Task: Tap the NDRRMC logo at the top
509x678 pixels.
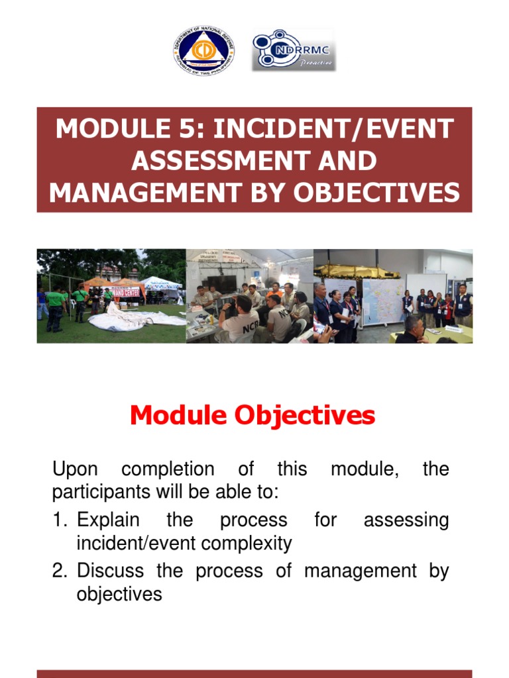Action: click(x=294, y=50)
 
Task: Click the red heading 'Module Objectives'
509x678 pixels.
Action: click(x=253, y=416)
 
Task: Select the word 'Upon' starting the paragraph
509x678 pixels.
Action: click(x=75, y=469)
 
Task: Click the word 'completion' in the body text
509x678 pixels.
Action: click(x=168, y=470)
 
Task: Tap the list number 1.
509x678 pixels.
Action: click(x=58, y=520)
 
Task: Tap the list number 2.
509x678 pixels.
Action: click(x=58, y=570)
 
